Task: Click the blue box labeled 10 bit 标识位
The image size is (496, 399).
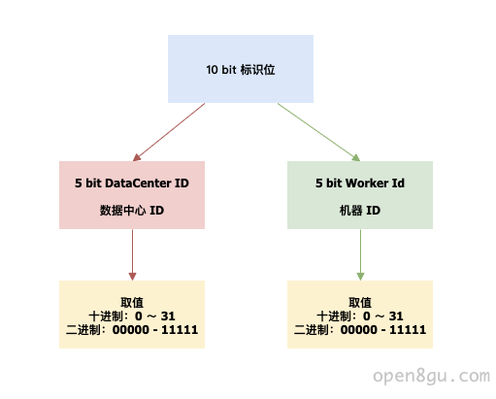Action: coord(241,69)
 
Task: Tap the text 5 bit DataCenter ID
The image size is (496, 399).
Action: coord(132,183)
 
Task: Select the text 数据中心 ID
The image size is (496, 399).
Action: coord(132,211)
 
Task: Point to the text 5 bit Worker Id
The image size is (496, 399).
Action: coord(360,183)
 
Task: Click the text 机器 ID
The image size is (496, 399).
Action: coord(360,211)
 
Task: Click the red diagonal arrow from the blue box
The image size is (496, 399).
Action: coord(169,132)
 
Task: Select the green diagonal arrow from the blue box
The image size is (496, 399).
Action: coord(318,132)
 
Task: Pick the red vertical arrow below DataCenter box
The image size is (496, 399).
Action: coord(132,254)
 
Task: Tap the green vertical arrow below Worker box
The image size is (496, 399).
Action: coord(360,254)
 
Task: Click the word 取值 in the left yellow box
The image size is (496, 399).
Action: coord(132,303)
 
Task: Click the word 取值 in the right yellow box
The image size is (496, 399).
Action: coord(360,303)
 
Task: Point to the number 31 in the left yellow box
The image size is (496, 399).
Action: coord(168,316)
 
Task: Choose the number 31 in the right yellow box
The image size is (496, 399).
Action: coord(396,316)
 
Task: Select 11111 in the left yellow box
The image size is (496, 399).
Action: coord(180,330)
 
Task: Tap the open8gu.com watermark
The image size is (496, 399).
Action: coord(431,376)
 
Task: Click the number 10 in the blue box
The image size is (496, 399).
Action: coord(212,70)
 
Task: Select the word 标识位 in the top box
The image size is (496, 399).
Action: coord(257,70)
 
